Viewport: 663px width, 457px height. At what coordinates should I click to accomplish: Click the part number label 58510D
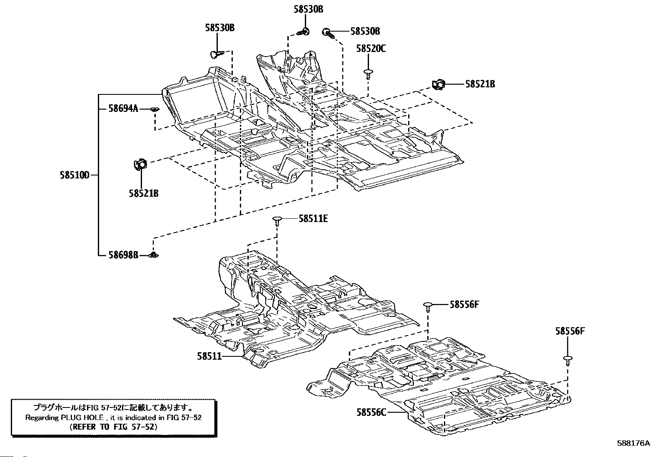(x=75, y=175)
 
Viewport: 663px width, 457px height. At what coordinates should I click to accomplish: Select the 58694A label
(x=123, y=109)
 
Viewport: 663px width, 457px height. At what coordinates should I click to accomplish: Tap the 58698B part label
(x=123, y=255)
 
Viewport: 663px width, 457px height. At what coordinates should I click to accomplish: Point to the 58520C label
(x=371, y=49)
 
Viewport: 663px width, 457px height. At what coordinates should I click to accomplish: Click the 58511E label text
(x=313, y=219)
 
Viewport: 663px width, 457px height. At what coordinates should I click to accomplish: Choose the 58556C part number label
(x=371, y=412)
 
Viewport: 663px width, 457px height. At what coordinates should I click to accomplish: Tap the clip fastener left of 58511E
(x=277, y=221)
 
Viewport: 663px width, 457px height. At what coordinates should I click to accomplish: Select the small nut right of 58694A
(x=155, y=109)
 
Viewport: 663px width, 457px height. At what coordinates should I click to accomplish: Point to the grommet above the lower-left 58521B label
(x=140, y=164)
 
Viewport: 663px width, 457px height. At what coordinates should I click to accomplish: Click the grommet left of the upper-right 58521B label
(x=438, y=84)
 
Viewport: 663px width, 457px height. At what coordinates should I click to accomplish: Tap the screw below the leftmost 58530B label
(x=217, y=54)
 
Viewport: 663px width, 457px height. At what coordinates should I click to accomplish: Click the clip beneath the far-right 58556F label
(x=568, y=361)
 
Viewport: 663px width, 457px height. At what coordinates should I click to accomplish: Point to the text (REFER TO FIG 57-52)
(x=113, y=427)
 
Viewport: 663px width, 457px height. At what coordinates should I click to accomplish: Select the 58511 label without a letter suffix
(x=209, y=356)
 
